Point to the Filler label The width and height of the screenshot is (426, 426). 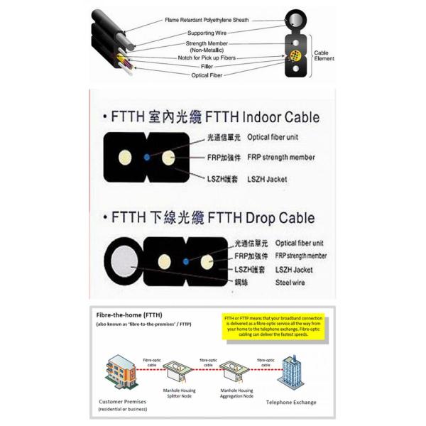click(207, 66)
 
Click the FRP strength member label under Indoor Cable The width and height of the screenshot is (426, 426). click(280, 158)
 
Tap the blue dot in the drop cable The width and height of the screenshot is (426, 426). click(185, 262)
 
